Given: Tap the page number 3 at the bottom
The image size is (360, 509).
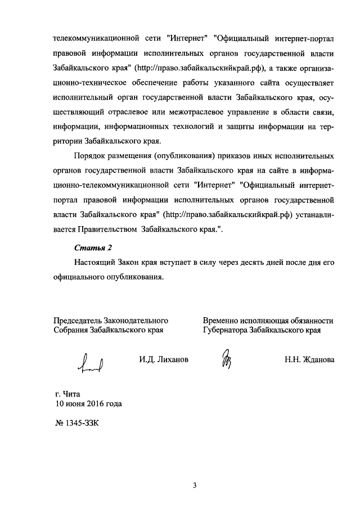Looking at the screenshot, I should coord(194,486).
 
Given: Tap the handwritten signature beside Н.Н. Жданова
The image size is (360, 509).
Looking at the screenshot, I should coord(226,361).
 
